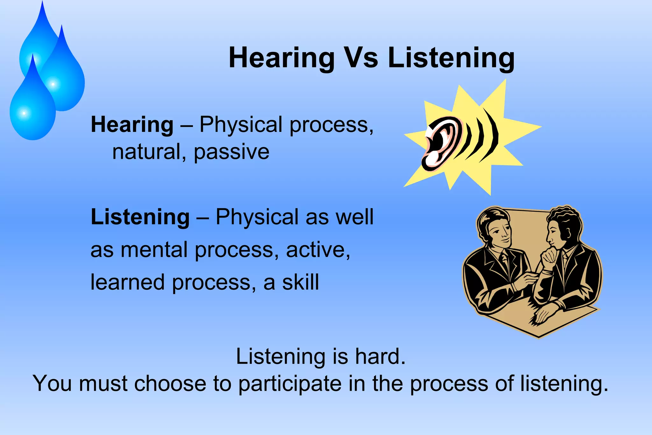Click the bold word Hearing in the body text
[132, 125]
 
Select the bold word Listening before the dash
[140, 217]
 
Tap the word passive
[231, 152]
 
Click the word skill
[301, 282]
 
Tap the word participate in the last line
[290, 383]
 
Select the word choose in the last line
[170, 383]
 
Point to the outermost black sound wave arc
[492, 135]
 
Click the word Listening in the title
[451, 58]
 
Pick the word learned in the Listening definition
[127, 282]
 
